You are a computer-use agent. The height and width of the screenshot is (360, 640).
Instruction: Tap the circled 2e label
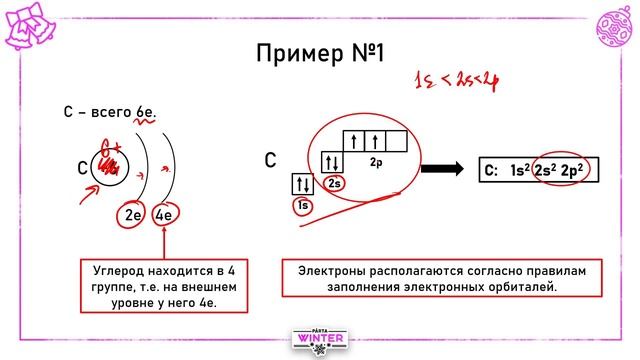click(131, 215)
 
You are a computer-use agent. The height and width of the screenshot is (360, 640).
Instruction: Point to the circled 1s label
click(302, 205)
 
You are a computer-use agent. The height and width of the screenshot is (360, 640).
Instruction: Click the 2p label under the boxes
click(376, 161)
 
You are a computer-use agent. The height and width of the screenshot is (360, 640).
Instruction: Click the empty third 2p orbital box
click(396, 139)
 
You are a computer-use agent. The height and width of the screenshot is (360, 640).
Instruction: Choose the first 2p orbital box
click(354, 139)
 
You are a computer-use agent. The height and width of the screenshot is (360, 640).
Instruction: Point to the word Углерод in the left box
click(115, 271)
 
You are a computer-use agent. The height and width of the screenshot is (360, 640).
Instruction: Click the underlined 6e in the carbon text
click(147, 115)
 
